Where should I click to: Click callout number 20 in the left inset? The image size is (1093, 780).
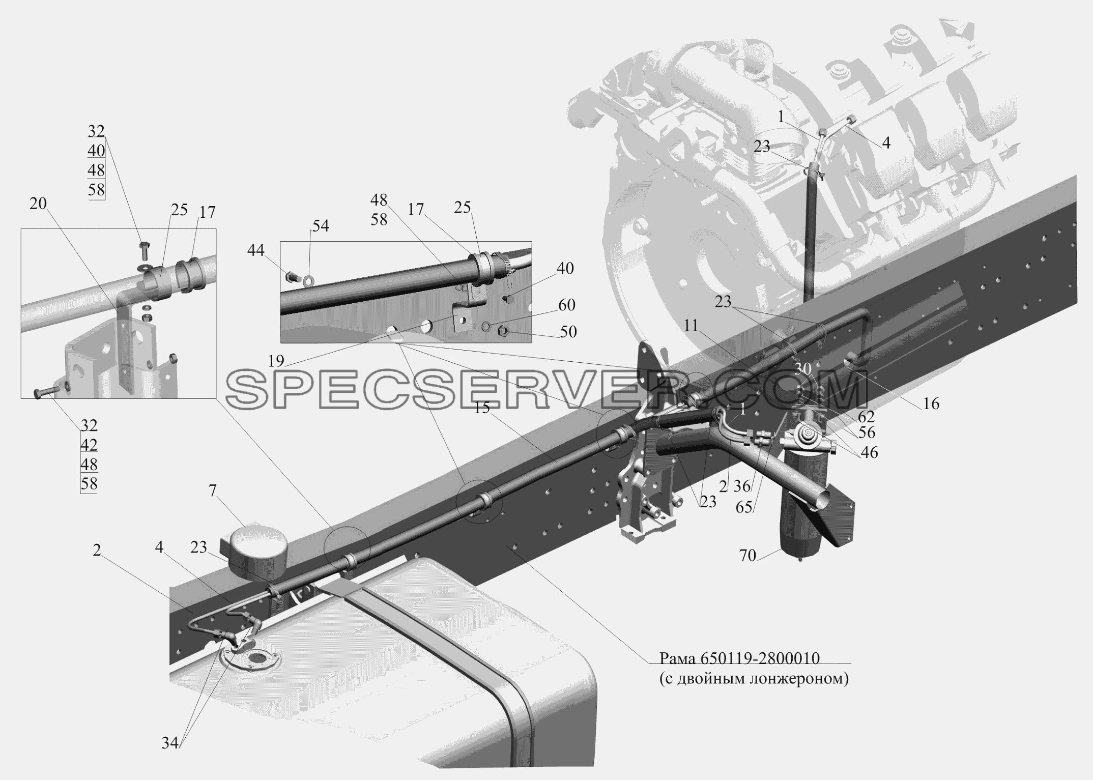[38, 204]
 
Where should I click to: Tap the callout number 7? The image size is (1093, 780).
[212, 491]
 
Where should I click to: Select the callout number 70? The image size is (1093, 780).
[748, 556]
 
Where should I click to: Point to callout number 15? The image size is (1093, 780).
[482, 408]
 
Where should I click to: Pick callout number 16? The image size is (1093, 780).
[931, 403]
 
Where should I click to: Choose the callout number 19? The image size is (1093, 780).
[276, 361]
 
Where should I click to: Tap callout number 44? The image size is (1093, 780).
[256, 250]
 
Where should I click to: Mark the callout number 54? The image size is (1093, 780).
[321, 226]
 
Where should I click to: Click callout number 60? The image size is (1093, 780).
[566, 305]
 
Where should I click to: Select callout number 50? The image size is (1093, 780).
[568, 332]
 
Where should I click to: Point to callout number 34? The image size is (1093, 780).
[170, 743]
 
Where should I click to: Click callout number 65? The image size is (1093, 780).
[744, 507]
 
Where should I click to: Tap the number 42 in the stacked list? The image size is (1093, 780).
[89, 445]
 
